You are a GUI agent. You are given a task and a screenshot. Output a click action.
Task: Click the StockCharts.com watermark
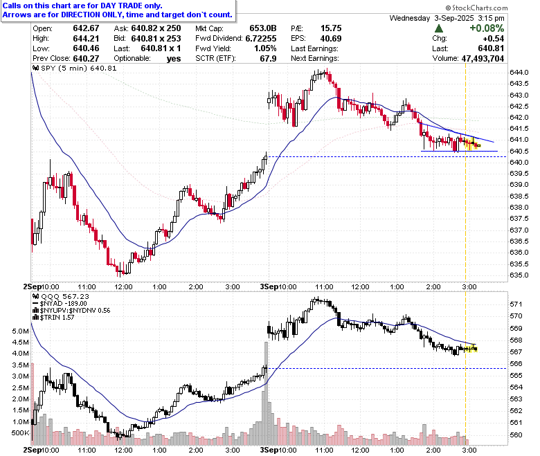[x=476, y=8]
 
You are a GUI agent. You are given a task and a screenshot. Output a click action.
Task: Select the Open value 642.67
[x=86, y=28]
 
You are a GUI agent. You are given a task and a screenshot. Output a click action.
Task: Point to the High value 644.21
[x=86, y=38]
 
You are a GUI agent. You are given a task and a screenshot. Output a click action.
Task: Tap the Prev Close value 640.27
[x=86, y=59]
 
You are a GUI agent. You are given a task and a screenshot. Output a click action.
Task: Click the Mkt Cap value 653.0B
[x=263, y=28]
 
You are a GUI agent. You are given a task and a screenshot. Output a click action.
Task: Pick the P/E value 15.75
[x=331, y=28]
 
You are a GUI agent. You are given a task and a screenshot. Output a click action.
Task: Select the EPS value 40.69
[x=331, y=38]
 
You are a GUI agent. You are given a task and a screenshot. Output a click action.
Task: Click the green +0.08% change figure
[x=487, y=28]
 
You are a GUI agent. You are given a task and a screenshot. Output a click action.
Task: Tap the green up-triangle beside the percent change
[x=439, y=28]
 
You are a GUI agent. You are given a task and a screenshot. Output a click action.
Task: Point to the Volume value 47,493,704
[x=483, y=59]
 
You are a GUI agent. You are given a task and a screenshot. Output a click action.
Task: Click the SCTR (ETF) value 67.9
[x=269, y=59]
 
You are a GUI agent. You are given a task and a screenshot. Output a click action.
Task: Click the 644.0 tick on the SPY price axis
[x=519, y=72]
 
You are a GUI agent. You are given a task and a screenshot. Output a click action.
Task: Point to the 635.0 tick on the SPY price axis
[x=519, y=275]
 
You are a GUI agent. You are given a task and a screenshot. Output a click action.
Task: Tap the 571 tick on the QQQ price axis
[x=516, y=304]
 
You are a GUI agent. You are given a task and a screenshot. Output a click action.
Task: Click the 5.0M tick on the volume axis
[x=20, y=331]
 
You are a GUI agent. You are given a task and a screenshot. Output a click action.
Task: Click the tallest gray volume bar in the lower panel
[x=266, y=393]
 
